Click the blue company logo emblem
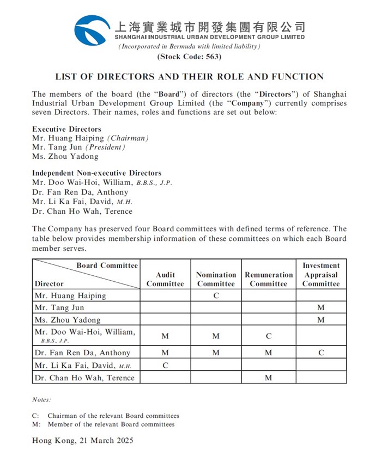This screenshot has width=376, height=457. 92,31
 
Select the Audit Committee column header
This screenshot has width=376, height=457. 165,279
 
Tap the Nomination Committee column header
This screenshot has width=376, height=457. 216,279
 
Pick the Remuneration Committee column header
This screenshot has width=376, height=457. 269,279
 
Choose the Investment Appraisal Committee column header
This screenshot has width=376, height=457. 321,274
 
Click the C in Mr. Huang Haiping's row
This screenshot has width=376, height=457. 216,296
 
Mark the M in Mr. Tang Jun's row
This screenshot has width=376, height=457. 321,308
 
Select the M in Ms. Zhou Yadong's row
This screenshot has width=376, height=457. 321,320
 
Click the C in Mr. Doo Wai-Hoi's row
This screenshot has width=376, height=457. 269,336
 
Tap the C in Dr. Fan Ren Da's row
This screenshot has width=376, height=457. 321,353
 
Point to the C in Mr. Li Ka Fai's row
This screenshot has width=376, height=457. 165,366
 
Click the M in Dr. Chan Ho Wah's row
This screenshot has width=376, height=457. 269,378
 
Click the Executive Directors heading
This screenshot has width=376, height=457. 66,129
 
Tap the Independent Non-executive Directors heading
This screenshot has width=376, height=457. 96,174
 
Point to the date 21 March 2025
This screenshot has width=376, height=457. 102,440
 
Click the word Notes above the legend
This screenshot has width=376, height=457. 41,399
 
